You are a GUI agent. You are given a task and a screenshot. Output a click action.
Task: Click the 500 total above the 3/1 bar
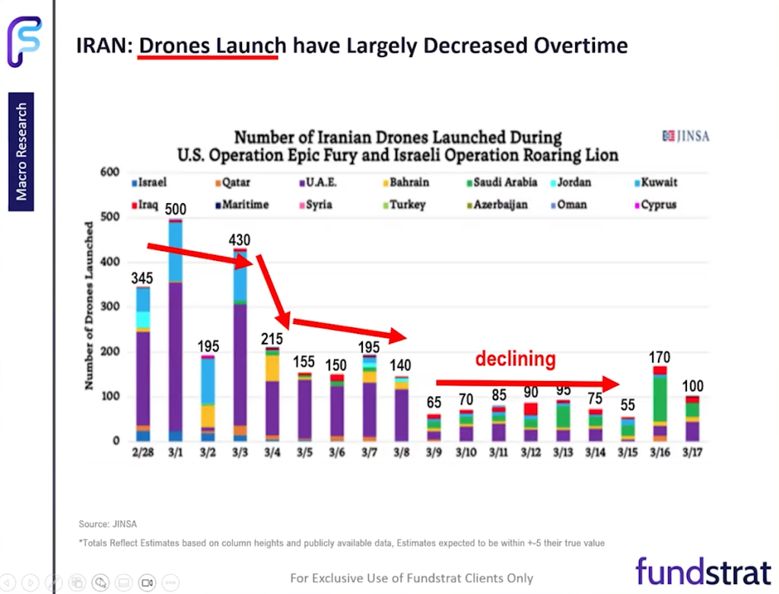176,210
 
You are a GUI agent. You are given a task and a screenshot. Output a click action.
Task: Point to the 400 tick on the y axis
110,262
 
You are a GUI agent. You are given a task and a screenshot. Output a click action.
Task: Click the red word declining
516,359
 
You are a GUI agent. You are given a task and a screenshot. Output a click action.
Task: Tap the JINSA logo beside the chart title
685,136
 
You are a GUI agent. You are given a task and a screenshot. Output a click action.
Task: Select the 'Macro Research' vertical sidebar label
21,151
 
